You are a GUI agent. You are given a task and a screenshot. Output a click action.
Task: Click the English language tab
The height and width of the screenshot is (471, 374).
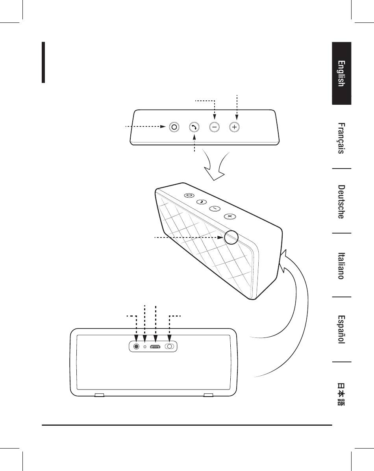pyautogui.click(x=341, y=73)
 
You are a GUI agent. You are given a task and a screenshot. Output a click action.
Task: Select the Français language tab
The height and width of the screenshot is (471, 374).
pyautogui.click(x=341, y=138)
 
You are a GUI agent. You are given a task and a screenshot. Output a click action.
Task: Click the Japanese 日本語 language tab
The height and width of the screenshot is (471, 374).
pyautogui.click(x=341, y=393)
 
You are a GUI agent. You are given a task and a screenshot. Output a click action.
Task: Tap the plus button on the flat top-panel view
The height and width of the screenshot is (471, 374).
pyautogui.click(x=235, y=127)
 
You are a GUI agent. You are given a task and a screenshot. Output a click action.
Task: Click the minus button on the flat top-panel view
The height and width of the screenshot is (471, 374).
pyautogui.click(x=215, y=127)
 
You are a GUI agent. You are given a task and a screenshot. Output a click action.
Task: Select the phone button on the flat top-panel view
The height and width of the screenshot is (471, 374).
pyautogui.click(x=194, y=127)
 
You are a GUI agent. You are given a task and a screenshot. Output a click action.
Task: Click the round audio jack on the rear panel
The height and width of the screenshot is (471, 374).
pyautogui.click(x=136, y=347)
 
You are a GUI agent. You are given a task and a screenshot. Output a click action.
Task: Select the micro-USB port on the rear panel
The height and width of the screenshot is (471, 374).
pyautogui.click(x=155, y=347)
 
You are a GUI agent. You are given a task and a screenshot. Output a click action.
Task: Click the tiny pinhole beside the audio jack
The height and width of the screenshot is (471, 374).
pyautogui.click(x=145, y=347)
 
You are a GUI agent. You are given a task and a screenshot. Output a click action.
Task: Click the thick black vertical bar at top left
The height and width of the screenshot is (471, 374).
pyautogui.click(x=44, y=63)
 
